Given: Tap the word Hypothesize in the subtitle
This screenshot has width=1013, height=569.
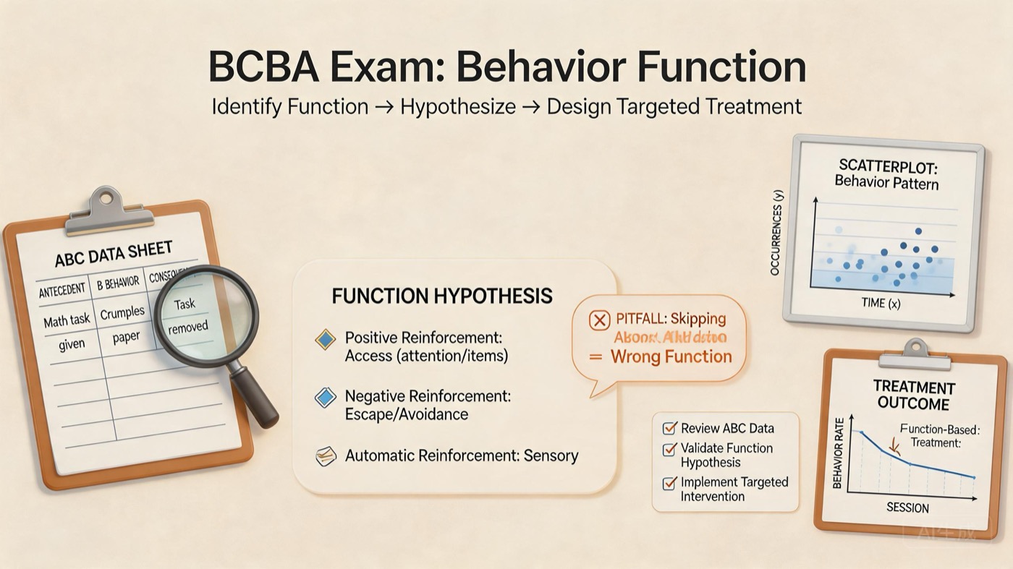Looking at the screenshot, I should click(458, 107).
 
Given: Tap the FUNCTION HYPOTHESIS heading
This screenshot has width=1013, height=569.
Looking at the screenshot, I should click(441, 296).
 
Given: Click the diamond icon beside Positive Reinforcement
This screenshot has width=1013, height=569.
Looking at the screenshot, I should click(326, 339).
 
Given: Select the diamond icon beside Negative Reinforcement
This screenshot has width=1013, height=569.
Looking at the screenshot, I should click(326, 397).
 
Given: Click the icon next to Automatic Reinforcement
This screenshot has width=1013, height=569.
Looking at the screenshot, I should click(326, 455).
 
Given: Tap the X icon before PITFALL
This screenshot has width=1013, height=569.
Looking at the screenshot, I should click(599, 319).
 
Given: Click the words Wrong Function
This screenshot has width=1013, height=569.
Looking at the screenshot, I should click(671, 356).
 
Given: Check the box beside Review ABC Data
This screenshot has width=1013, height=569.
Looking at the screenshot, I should click(669, 429).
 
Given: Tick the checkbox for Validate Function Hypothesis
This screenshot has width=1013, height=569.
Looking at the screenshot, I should click(669, 450).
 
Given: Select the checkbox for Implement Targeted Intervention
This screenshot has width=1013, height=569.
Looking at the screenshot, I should click(669, 483).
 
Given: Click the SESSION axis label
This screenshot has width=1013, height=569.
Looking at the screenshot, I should click(907, 508).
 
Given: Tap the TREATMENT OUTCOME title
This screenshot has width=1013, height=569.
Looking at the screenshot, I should click(913, 395).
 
